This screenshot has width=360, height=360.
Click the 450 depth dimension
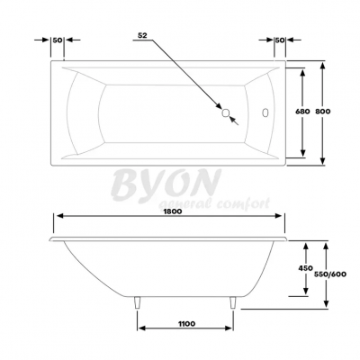[307, 267]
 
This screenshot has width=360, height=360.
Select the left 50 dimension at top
[57, 40]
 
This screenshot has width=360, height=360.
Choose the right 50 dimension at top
[280, 40]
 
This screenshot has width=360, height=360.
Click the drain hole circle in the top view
[226, 113]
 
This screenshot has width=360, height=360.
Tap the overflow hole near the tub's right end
[266, 113]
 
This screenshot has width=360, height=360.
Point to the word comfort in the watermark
[242, 206]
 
